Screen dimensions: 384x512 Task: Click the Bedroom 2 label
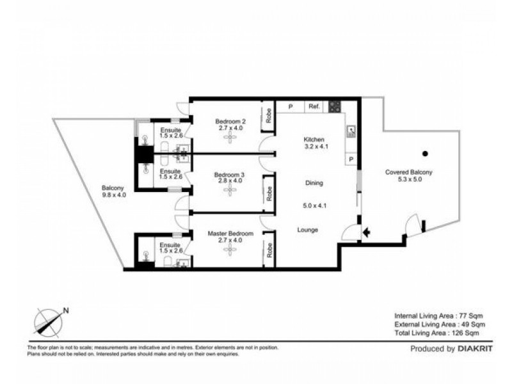click(229, 122)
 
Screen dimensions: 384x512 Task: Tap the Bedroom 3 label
click(229, 175)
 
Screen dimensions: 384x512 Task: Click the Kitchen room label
click(314, 140)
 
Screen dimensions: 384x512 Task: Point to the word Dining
click(314, 183)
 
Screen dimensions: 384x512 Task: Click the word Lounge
click(308, 230)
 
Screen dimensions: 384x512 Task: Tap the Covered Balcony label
click(408, 172)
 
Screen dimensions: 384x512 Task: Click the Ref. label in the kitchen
click(314, 107)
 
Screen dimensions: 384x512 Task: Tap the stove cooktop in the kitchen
click(335, 107)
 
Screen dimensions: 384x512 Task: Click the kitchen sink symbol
click(351, 132)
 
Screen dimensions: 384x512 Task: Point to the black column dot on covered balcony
click(424, 153)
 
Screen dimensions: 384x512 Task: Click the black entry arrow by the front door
click(366, 233)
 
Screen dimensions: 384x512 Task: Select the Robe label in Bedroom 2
click(269, 117)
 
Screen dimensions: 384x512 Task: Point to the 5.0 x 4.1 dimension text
click(314, 206)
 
